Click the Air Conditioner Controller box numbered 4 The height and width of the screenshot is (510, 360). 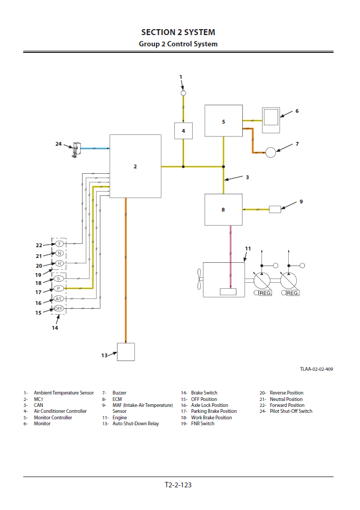click(183, 131)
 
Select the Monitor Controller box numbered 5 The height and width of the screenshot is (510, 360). click(223, 121)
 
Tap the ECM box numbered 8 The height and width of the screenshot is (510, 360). click(223, 209)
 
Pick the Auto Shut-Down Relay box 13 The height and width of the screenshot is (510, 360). click(126, 352)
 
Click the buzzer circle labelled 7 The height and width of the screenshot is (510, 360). click(270, 152)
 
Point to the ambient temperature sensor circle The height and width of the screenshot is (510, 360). click(183, 93)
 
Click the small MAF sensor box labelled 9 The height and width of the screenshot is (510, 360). click(275, 209)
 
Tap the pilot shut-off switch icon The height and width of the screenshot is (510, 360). click(76, 148)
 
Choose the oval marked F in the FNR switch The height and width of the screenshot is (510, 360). click(59, 244)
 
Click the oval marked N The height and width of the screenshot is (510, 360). click(59, 253)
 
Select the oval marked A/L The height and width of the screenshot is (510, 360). click(59, 298)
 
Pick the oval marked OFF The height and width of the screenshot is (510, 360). click(59, 308)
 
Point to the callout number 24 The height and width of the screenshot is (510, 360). click(58, 144)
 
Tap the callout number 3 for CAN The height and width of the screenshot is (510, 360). click(247, 177)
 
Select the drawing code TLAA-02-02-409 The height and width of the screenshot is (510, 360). click(316, 369)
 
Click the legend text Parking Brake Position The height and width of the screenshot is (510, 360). click(214, 411)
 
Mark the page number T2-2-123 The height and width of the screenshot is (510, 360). click(178, 485)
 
